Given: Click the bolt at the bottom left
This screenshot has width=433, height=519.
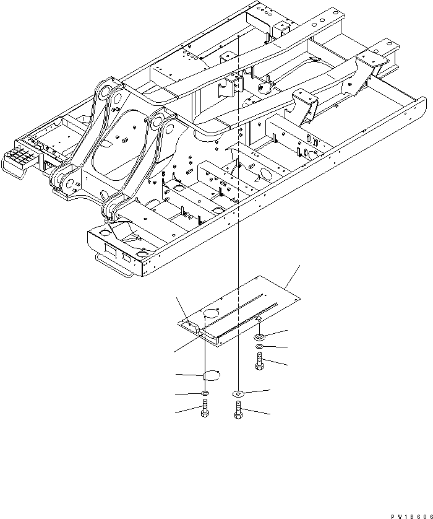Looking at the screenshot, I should click(x=205, y=411).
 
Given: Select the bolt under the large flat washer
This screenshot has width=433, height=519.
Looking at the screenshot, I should click(x=238, y=411).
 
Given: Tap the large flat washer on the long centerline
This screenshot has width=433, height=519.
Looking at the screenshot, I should click(x=238, y=393).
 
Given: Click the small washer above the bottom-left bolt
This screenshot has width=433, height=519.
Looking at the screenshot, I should click(x=205, y=393).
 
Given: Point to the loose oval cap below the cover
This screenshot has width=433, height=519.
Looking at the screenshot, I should click(x=212, y=375).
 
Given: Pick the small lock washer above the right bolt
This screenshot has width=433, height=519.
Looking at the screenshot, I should click(x=260, y=346).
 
